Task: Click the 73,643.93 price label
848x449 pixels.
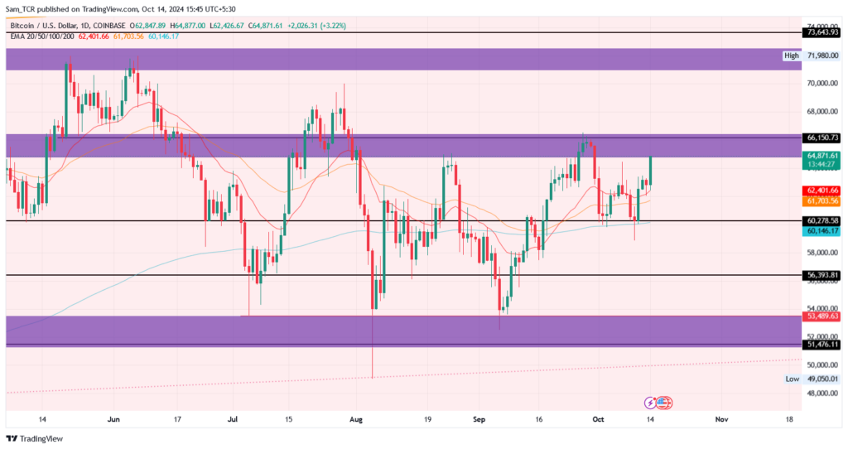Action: click(821, 32)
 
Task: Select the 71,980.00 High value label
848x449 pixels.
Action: click(822, 56)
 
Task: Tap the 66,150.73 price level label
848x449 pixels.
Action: click(821, 138)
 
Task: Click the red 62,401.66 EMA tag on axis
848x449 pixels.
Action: click(821, 191)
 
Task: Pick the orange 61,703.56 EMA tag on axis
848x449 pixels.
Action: click(821, 200)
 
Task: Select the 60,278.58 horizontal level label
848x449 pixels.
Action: click(821, 220)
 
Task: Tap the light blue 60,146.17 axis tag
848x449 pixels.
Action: click(821, 231)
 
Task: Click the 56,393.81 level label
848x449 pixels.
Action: click(821, 275)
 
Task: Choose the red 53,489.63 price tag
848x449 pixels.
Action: click(821, 316)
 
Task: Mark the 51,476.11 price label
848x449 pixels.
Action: click(821, 344)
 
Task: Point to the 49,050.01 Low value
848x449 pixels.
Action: click(822, 379)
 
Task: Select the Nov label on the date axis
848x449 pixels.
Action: click(721, 419)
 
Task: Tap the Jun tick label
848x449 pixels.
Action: click(113, 419)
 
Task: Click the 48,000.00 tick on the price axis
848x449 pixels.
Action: click(822, 393)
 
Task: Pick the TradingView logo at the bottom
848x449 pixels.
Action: click(35, 439)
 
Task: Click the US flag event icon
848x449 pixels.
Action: click(665, 403)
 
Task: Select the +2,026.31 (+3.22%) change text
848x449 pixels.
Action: click(316, 26)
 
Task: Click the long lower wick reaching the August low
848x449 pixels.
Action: click(373, 343)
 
